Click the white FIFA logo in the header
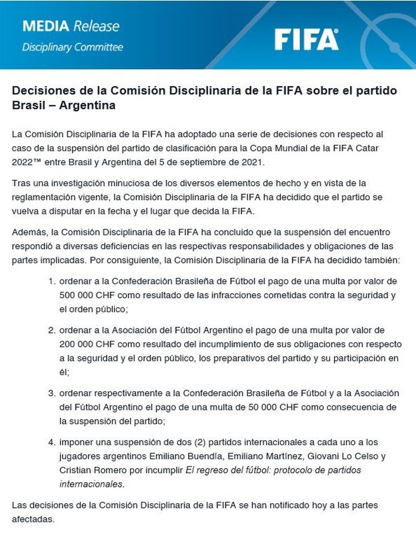tap(306, 39)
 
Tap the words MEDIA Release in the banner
tap(71, 26)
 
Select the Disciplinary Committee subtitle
tap(72, 47)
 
